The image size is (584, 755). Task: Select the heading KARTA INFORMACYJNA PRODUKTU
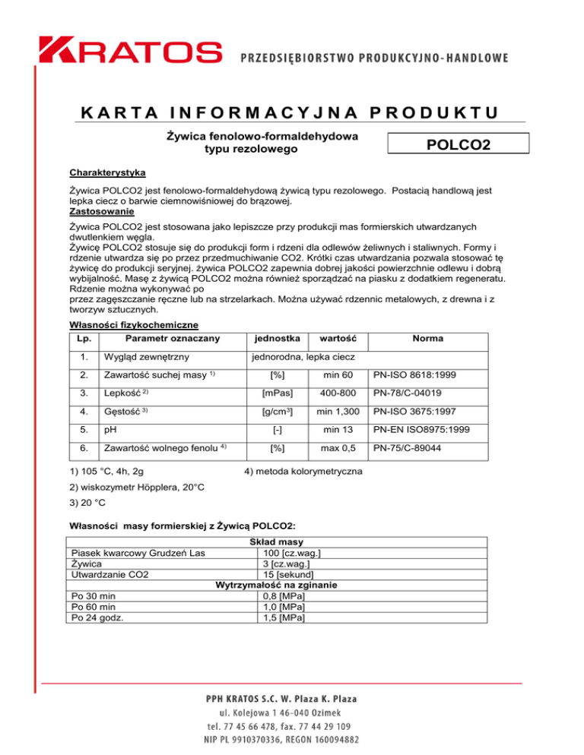291,112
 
